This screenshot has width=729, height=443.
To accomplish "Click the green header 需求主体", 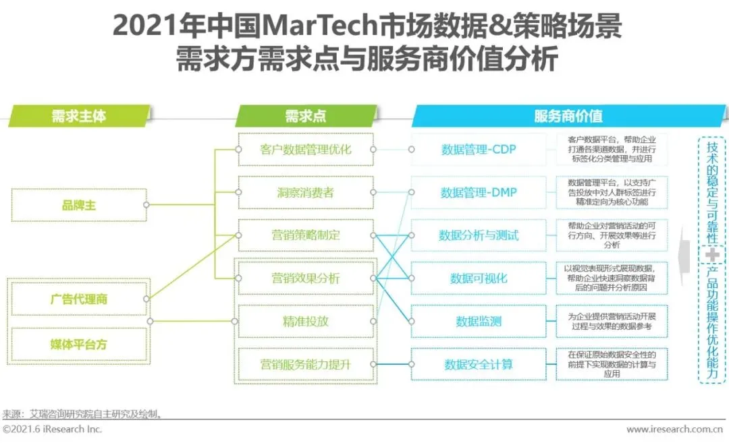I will [x=79, y=116].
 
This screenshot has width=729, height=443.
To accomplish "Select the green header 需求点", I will [x=305, y=116].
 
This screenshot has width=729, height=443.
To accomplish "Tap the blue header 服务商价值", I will [x=568, y=116].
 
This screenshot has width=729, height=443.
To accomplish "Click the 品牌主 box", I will [x=79, y=205].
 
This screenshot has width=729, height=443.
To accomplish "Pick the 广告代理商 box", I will [x=79, y=299].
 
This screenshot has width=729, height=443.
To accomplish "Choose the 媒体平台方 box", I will [x=79, y=345].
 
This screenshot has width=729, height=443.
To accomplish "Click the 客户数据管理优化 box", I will [x=306, y=150].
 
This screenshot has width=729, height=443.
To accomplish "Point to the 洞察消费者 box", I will [x=306, y=193].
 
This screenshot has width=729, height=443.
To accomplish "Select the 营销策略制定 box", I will [x=306, y=235].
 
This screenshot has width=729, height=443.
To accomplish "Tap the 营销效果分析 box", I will [x=306, y=278].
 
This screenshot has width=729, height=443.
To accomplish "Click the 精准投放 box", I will [x=306, y=321].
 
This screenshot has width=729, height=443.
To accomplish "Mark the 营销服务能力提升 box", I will [x=306, y=365].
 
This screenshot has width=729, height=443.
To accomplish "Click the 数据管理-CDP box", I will [x=479, y=150].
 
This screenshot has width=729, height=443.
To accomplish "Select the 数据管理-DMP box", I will [x=479, y=193].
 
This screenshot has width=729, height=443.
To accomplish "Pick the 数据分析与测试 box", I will [x=479, y=235].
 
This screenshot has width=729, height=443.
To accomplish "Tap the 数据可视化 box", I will [x=479, y=278].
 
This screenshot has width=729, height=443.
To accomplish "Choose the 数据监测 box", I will [x=479, y=322].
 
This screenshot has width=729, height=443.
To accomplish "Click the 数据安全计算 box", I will [x=479, y=365].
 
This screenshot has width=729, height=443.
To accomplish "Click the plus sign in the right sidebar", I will [x=712, y=255].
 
